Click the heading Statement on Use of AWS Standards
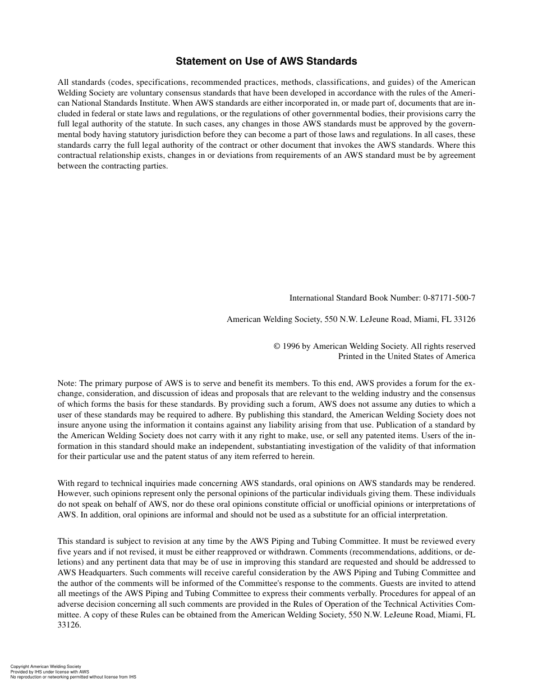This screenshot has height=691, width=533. (x=266, y=61)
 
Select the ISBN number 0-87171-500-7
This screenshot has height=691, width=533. (x=449, y=298)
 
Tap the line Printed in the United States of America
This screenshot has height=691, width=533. (x=406, y=356)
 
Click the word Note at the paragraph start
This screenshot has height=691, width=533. (x=66, y=384)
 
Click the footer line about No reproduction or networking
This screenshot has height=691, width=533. (x=73, y=677)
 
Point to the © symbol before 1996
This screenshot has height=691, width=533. (x=277, y=347)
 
